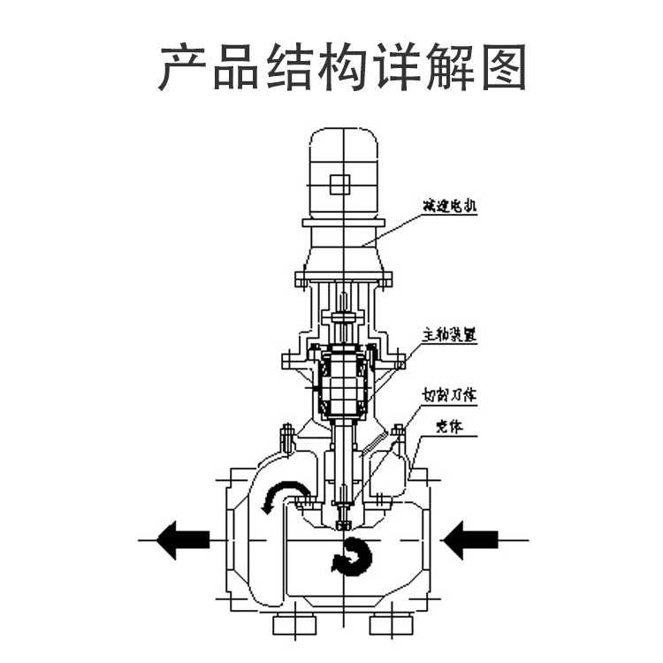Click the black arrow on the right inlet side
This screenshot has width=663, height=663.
pyautogui.click(x=469, y=538)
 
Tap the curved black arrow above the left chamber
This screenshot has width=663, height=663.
pyautogui.click(x=286, y=495)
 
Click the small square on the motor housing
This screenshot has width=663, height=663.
pyautogui.click(x=339, y=185)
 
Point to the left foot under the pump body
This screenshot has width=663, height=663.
pyautogui.click(x=294, y=623)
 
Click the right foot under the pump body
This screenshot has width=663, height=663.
pyautogui.click(x=391, y=623)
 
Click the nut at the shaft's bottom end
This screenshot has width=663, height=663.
pyautogui.click(x=344, y=525)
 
